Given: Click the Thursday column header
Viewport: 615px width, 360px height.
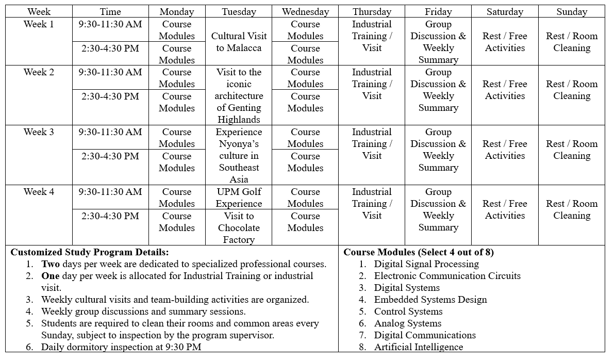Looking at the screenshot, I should pyautogui.click(x=372, y=11).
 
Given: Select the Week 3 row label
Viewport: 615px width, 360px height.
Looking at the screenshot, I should pyautogui.click(x=39, y=132).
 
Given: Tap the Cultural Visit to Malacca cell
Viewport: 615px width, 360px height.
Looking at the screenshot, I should pyautogui.click(x=239, y=42).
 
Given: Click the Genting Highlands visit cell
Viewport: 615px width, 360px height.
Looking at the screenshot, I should pyautogui.click(x=239, y=96).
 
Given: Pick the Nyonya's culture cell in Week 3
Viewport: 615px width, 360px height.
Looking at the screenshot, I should pyautogui.click(x=239, y=156).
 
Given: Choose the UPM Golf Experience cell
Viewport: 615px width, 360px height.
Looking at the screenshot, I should pyautogui.click(x=239, y=198).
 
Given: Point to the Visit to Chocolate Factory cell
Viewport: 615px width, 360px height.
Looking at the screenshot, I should pyautogui.click(x=239, y=227).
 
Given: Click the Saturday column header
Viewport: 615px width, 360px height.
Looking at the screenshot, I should pyautogui.click(x=505, y=11).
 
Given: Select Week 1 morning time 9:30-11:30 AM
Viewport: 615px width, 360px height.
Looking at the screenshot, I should pyautogui.click(x=110, y=24).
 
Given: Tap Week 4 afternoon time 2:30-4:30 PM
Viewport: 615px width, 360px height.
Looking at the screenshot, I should pyautogui.click(x=110, y=216).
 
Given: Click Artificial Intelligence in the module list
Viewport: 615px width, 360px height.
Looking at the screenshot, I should pyautogui.click(x=419, y=347).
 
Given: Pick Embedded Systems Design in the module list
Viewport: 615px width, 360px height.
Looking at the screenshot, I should pyautogui.click(x=430, y=300).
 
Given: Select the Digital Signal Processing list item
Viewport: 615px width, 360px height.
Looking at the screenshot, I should pyautogui.click(x=426, y=264).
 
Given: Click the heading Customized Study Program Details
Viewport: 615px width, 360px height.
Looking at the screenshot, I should pyautogui.click(x=90, y=252).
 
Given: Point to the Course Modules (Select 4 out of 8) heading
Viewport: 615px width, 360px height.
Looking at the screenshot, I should pyautogui.click(x=419, y=252).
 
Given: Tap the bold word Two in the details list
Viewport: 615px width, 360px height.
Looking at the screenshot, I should pyautogui.click(x=51, y=264).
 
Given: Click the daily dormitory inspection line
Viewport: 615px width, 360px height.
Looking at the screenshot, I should pyautogui.click(x=121, y=347).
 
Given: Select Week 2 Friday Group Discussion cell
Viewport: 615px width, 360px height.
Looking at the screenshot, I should pyautogui.click(x=438, y=90).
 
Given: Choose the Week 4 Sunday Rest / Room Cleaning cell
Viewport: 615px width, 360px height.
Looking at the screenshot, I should pyautogui.click(x=572, y=209).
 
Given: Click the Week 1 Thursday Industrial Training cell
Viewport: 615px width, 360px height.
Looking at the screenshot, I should pyautogui.click(x=372, y=36).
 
